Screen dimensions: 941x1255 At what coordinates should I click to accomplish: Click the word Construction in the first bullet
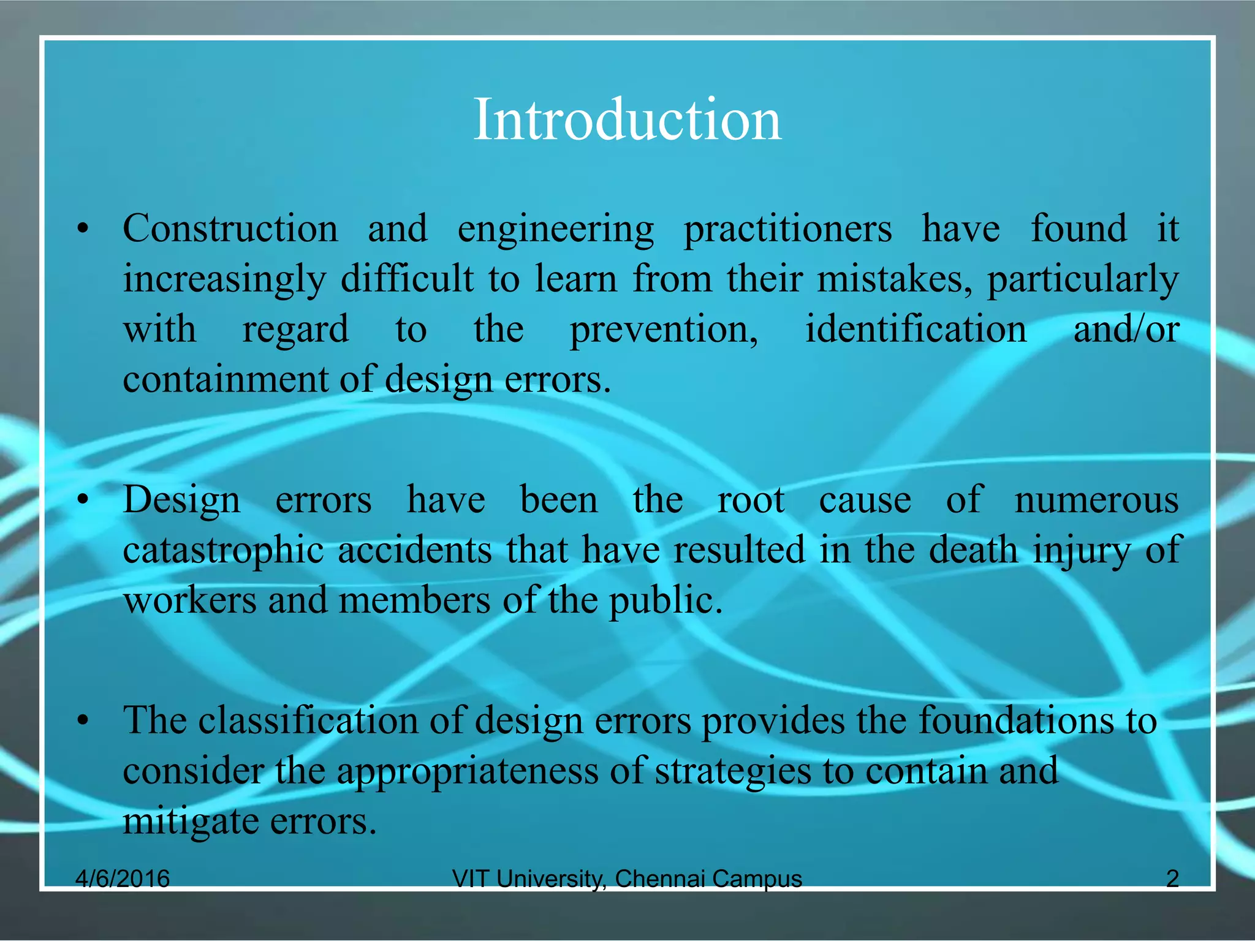pos(230,229)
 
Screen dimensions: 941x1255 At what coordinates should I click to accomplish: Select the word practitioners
pos(787,230)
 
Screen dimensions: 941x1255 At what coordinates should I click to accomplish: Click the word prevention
pos(663,330)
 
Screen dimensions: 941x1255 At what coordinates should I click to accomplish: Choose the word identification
pos(916,329)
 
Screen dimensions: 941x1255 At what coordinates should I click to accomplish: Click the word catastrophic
pos(223,550)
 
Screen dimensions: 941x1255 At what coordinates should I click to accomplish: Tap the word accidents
pos(414,550)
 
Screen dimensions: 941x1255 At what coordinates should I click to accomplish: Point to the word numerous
pos(1096,500)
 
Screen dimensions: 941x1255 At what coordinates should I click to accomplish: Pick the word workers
pos(189,600)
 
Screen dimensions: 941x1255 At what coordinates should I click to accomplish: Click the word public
pos(665,601)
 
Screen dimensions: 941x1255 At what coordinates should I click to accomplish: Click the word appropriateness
pos(468,771)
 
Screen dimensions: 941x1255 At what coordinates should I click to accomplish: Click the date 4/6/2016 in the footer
pos(122,879)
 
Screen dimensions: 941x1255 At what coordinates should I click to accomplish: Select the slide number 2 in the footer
pos(1172,879)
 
